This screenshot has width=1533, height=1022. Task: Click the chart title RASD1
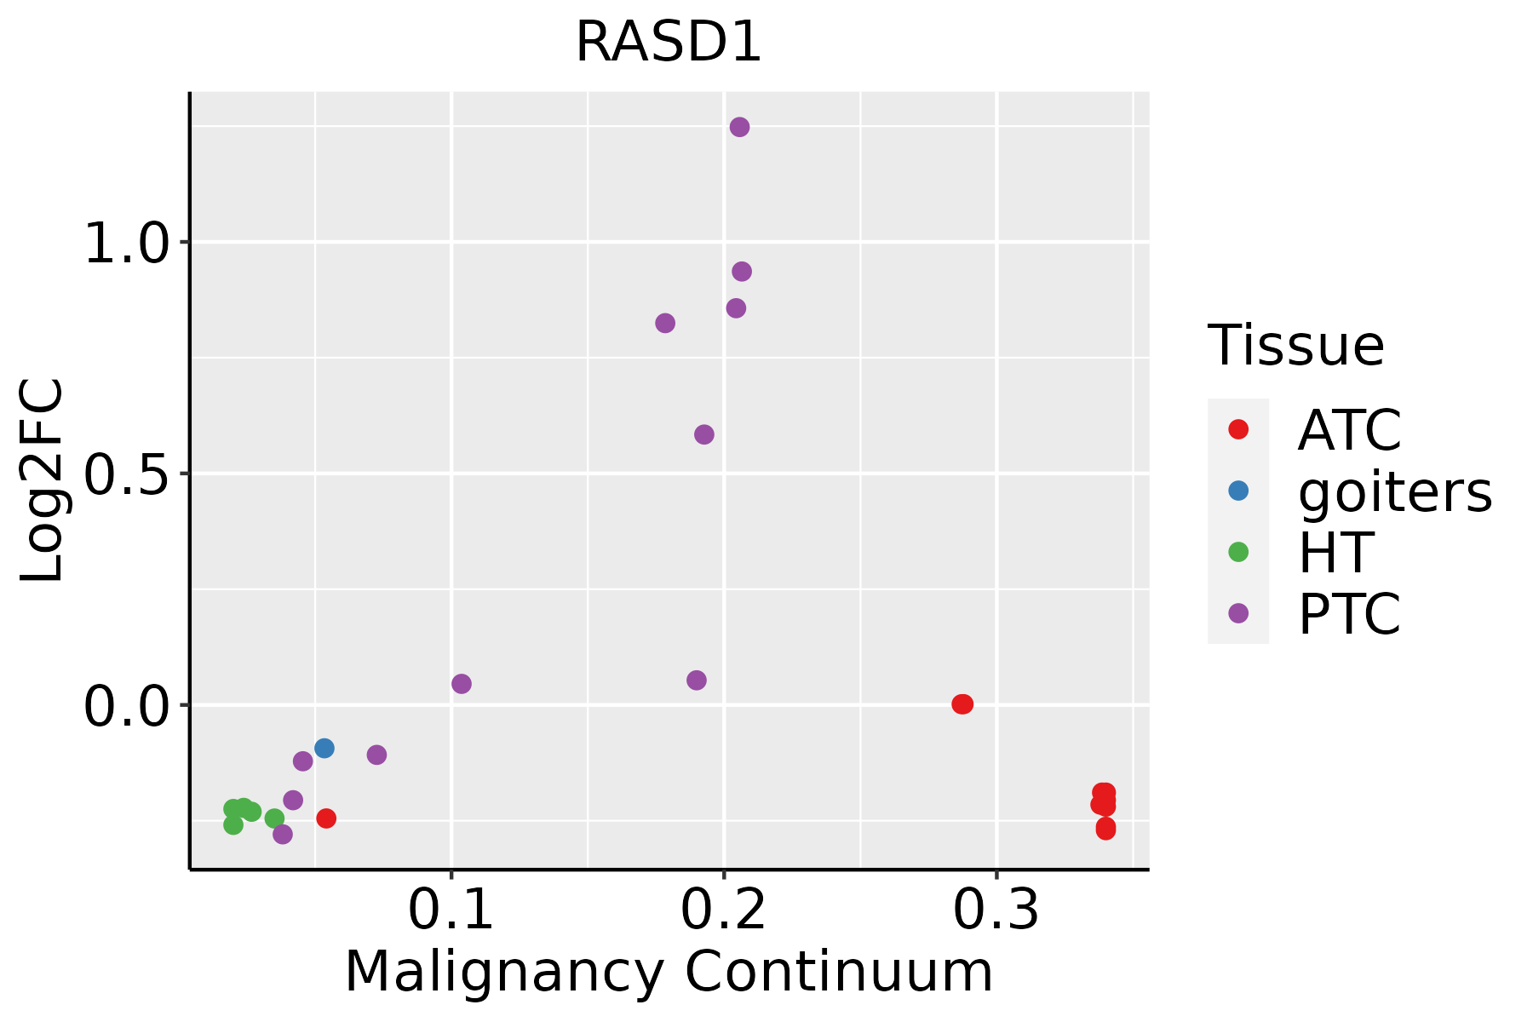(669, 43)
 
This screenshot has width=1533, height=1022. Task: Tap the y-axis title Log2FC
(43, 481)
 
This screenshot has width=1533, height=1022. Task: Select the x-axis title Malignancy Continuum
(669, 972)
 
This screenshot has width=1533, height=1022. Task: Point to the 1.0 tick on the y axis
(128, 245)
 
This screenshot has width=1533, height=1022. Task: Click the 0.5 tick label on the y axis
(128, 476)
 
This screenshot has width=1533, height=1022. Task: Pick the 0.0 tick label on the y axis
(128, 708)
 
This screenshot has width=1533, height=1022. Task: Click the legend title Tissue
(1295, 346)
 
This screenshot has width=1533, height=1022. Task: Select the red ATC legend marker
(1238, 429)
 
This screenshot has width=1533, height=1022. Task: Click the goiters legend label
(1395, 491)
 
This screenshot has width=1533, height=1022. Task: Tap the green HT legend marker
(1238, 552)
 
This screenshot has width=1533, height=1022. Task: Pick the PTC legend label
(1349, 614)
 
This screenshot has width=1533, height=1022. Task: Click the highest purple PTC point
(739, 127)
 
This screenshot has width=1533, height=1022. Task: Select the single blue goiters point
(324, 749)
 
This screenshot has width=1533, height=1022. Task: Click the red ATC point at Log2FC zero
(962, 704)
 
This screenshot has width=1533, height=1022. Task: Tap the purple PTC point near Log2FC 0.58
(703, 434)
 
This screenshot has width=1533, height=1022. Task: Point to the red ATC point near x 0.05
(326, 818)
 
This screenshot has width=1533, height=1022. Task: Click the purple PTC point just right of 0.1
(462, 684)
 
